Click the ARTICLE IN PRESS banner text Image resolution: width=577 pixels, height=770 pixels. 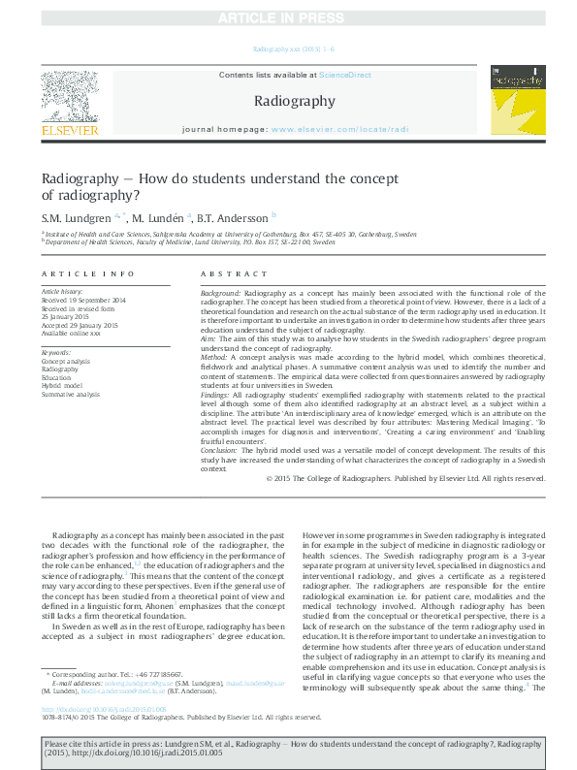point(288,18)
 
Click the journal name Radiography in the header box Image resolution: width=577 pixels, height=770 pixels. point(294,101)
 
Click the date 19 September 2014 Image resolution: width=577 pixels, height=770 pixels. point(100,300)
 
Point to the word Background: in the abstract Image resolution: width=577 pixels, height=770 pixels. point(220,292)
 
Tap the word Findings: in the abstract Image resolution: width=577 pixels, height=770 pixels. point(217,398)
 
